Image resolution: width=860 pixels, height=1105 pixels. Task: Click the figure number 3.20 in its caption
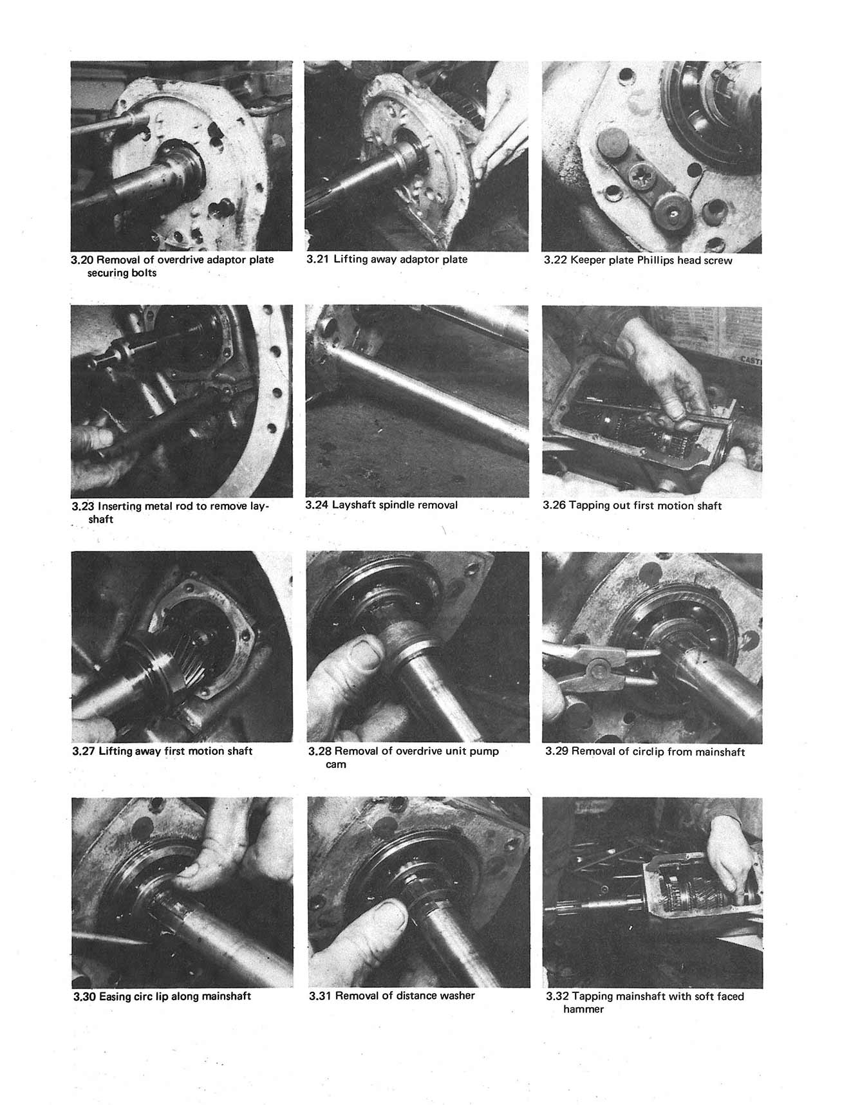pos(82,260)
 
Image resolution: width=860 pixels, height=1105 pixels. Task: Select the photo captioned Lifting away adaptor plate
pos(416,156)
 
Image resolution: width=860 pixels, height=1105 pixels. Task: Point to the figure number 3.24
pos(317,505)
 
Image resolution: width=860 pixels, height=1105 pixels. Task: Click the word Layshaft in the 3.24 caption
pos(353,505)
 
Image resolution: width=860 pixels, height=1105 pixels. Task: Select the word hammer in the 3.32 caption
pos(583,1009)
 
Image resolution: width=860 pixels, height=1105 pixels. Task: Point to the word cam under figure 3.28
pos(336,765)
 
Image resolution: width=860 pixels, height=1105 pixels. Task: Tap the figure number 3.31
pos(320,996)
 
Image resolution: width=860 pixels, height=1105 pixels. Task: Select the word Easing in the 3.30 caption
pos(116,997)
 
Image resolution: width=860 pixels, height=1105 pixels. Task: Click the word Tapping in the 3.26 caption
pos(588,506)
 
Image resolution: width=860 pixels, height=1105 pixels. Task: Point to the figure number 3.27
pos(84,751)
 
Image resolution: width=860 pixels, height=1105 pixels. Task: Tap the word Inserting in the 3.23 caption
pos(120,506)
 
